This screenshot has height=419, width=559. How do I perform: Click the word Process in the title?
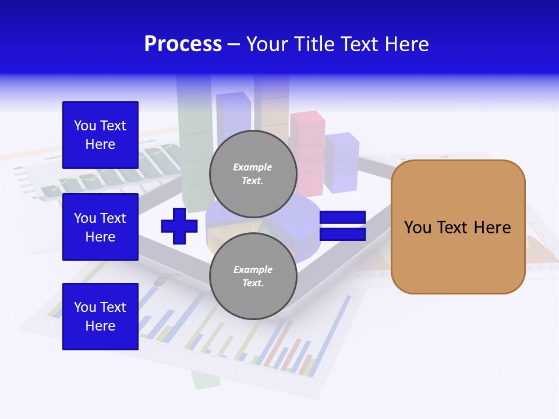pyautogui.click(x=183, y=44)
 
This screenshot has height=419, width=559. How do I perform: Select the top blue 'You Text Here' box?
pyautogui.click(x=100, y=135)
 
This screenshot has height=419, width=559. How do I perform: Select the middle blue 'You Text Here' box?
pyautogui.click(x=100, y=227)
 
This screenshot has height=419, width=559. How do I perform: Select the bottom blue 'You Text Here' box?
pyautogui.click(x=100, y=317)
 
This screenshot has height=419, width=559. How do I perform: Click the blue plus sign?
pyautogui.click(x=179, y=226)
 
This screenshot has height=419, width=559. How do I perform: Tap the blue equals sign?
pyautogui.click(x=342, y=226)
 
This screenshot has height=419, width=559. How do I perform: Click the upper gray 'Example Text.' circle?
pyautogui.click(x=253, y=174)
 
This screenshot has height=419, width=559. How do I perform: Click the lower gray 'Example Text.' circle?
pyautogui.click(x=253, y=276)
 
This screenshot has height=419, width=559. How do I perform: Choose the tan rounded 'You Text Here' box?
pyautogui.click(x=458, y=227)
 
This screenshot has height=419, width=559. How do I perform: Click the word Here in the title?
pyautogui.click(x=407, y=44)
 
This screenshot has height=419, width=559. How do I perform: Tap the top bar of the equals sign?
pyautogui.click(x=342, y=218)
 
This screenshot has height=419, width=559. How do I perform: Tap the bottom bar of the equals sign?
pyautogui.click(x=342, y=235)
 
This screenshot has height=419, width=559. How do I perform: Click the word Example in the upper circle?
pyautogui.click(x=252, y=167)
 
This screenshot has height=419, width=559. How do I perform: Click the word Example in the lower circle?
pyautogui.click(x=253, y=269)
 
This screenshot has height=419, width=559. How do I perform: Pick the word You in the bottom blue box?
pyautogui.click(x=85, y=307)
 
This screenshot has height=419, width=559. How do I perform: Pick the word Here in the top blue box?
pyautogui.click(x=100, y=144)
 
